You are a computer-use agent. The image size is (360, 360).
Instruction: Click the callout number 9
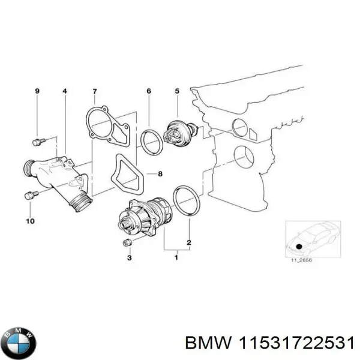pyautogui.click(x=37, y=91)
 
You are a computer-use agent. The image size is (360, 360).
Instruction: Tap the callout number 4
pyautogui.click(x=65, y=91)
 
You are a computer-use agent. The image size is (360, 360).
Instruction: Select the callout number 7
pyautogui.click(x=94, y=91)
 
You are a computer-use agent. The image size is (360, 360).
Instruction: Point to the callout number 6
pyautogui.click(x=148, y=91)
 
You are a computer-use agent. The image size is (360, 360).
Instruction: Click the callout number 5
pyautogui.click(x=176, y=91)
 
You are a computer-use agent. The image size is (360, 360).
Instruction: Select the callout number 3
pyautogui.click(x=128, y=257)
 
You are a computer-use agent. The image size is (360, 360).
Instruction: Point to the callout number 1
pyautogui.click(x=176, y=258)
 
